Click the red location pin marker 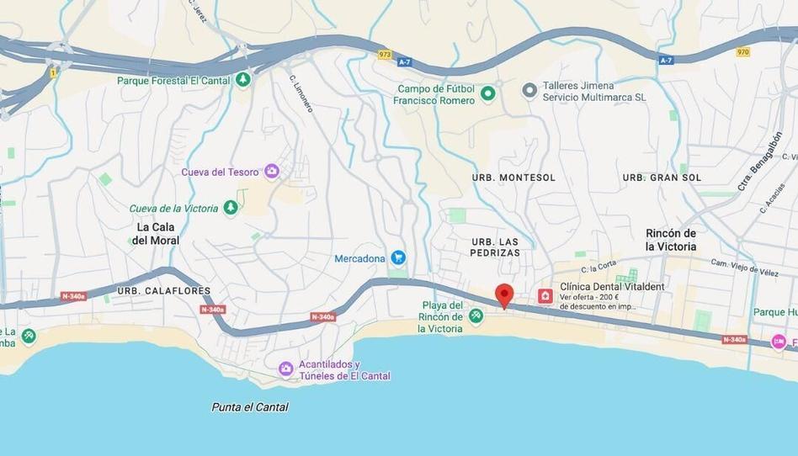[x=504, y=295]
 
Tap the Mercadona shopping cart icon [x=399, y=258]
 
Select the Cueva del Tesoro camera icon [x=271, y=172]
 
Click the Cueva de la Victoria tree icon [x=231, y=208]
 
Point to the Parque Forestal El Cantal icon [x=243, y=80]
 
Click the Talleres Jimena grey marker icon [x=529, y=90]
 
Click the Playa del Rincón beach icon [x=476, y=315]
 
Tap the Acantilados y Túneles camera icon [x=286, y=369]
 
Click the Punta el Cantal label [x=250, y=407]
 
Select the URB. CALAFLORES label [x=164, y=291]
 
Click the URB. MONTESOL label [x=513, y=178]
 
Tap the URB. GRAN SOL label [x=662, y=178]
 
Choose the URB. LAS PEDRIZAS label [x=495, y=247]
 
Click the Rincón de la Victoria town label [x=671, y=240]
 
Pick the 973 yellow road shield [x=385, y=55]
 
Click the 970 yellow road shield [x=742, y=52]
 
